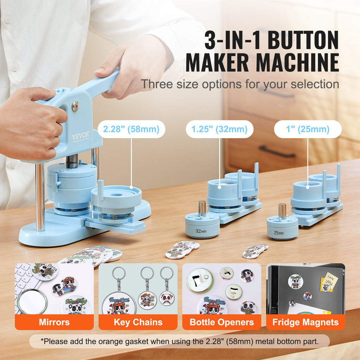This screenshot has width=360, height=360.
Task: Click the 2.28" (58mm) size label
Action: click(131, 129)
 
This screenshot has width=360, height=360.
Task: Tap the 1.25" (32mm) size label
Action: click(219, 129)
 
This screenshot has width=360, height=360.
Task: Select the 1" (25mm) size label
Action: click(308, 129)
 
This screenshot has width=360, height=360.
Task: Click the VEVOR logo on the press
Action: click(81, 136)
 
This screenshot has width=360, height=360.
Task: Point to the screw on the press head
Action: click(75, 106)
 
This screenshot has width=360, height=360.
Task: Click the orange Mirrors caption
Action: click(54, 322)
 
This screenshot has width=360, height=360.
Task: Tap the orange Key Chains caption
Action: click(138, 322)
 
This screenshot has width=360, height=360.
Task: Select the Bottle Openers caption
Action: click(222, 322)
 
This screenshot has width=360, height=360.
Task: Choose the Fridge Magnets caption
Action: click(306, 322)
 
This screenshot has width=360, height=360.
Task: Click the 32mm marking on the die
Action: click(201, 231)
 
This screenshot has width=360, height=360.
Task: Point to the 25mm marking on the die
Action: click(279, 233)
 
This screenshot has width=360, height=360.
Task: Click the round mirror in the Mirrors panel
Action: click(32, 301)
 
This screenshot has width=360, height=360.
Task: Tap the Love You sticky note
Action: click(329, 282)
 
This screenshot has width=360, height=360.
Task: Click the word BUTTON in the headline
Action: click(303, 40)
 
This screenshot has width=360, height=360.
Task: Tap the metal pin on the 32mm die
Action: click(202, 208)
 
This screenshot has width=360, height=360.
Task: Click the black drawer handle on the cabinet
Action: click(277, 152)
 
